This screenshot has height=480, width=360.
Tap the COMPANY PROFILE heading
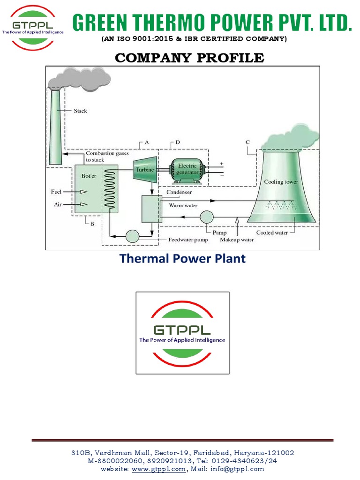click(x=189, y=58)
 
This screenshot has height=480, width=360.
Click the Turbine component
click(x=145, y=169)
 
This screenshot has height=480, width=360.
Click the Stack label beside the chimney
click(x=80, y=111)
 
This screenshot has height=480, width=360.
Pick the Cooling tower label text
click(x=281, y=181)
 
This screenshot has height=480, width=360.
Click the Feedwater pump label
click(x=188, y=240)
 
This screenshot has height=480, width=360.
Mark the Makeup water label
click(x=237, y=240)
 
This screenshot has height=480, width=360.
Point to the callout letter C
click(x=247, y=142)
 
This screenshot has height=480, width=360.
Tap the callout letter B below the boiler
click(x=92, y=224)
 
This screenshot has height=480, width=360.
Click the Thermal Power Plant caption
click(x=182, y=258)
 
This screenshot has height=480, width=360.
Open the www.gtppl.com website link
click(x=158, y=469)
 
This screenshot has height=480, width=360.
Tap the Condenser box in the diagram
click(x=151, y=209)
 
